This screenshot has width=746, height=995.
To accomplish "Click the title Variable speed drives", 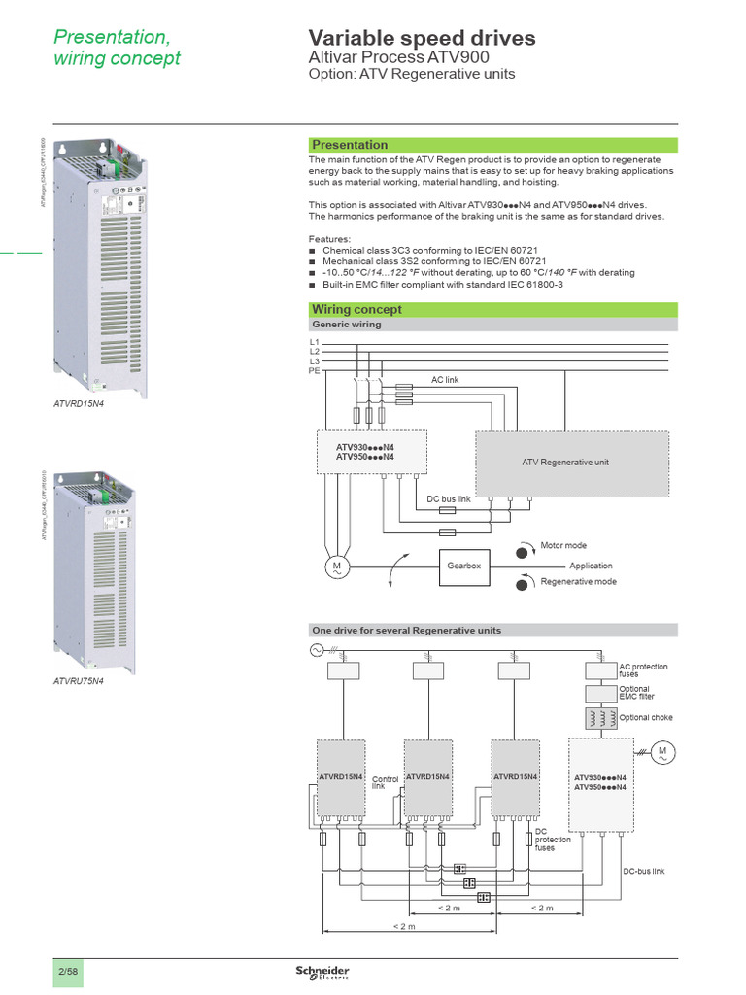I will [x=422, y=39].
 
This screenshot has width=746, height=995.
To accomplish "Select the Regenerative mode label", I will [x=578, y=582].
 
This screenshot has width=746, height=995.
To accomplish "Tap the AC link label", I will [x=445, y=380].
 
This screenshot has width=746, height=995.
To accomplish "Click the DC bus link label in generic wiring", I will [x=448, y=499].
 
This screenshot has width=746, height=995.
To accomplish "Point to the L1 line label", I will [x=314, y=343].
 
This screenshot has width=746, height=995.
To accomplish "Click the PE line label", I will [x=314, y=370].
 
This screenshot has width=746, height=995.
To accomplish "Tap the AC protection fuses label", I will [x=643, y=670].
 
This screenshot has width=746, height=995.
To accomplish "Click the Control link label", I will [x=385, y=782].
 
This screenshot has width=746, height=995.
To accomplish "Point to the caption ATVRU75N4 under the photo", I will [x=78, y=682].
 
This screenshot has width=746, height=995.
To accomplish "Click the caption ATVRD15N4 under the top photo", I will [x=78, y=401].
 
